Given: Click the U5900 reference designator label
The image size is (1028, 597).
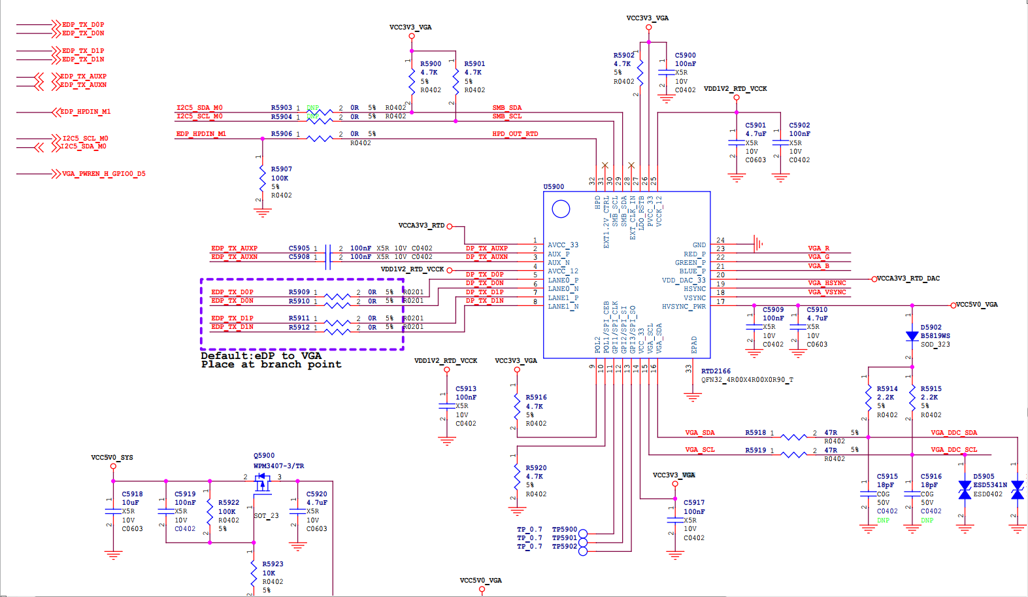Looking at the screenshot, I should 554,186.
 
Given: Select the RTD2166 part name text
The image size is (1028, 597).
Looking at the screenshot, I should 716,371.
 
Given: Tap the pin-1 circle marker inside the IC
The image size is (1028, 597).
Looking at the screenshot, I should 561,209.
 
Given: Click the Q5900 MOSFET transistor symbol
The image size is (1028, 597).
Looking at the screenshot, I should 263,483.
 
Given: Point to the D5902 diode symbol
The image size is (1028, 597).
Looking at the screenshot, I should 912,336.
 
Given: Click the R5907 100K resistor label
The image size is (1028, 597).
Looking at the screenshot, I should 281,169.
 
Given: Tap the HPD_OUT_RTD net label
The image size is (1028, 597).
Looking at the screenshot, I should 515,134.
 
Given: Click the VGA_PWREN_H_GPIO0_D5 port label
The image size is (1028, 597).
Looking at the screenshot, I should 103,174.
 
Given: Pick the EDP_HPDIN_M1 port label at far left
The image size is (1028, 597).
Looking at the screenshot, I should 85,112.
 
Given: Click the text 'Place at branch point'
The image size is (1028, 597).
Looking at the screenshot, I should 271,365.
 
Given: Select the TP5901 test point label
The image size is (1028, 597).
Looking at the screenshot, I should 564,538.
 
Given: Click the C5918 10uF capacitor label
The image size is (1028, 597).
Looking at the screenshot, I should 132,494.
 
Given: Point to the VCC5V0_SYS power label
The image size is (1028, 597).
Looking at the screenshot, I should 112,458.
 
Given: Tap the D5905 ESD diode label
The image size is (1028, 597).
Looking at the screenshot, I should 984,477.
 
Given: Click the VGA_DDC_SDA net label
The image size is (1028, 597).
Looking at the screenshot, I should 953,433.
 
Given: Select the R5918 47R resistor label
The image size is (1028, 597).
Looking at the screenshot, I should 755,433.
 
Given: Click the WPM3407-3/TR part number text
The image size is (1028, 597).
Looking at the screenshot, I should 278,466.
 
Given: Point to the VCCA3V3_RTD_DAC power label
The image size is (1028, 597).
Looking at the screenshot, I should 908,279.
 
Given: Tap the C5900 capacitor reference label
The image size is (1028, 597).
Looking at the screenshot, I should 685,56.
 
